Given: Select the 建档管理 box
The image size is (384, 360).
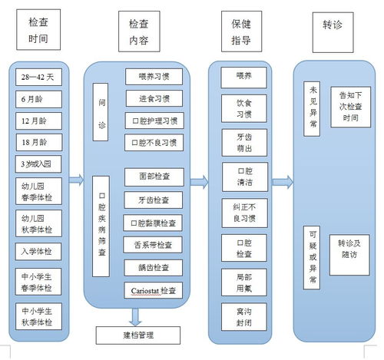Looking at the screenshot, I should (138, 335).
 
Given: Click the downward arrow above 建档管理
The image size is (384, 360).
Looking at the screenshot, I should (136, 315).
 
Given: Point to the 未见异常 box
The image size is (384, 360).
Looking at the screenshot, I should (312, 109).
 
